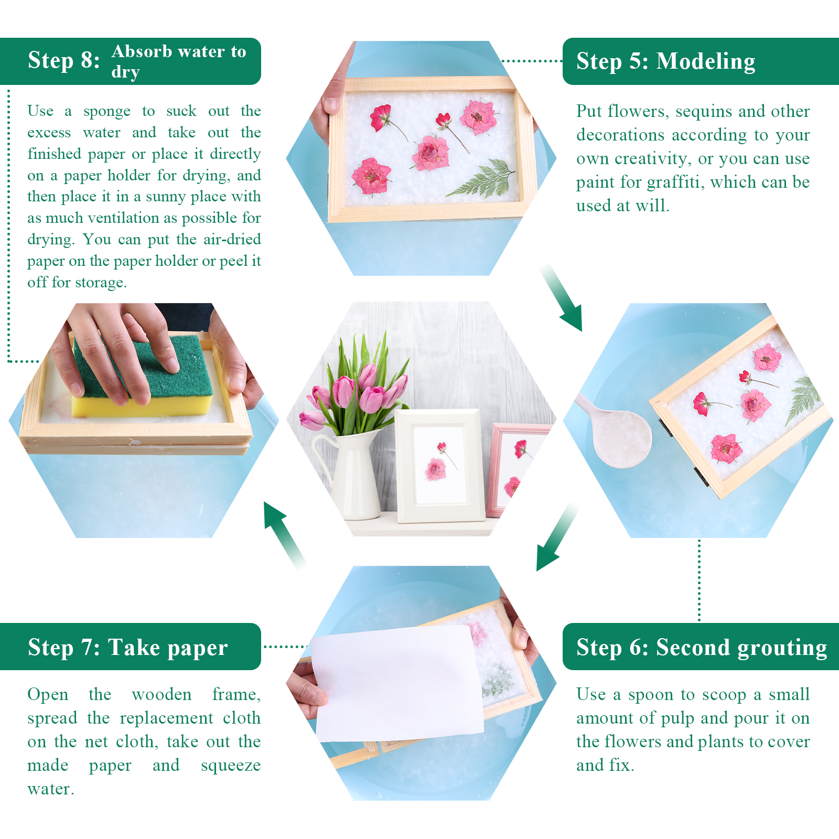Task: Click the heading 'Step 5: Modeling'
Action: [x=665, y=61]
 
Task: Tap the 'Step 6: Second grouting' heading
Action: [x=702, y=648]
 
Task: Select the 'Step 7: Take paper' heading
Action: [x=128, y=648]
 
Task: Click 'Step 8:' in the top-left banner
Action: [x=63, y=60]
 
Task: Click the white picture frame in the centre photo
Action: [x=439, y=466]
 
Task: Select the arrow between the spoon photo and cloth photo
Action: [x=557, y=537]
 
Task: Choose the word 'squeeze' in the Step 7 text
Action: [x=231, y=766]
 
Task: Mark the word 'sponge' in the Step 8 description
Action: [x=107, y=112]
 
